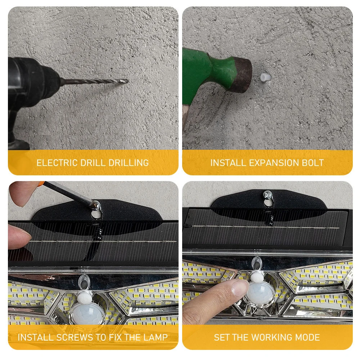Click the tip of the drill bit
tap(127, 81)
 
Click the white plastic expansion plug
tap(266, 77)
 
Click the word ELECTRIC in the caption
tap(57, 163)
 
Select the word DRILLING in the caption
tap(129, 163)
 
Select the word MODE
tap(307, 337)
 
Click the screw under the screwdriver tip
tap(96, 205)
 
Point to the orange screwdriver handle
tap(41, 183)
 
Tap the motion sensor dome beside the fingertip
tap(260, 293)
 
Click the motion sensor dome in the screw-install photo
tap(86, 314)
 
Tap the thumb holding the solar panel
tap(19, 237)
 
